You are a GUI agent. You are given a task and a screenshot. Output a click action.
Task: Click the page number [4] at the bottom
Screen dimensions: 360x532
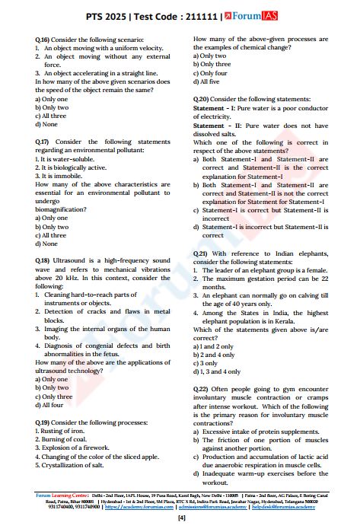tap(180, 518)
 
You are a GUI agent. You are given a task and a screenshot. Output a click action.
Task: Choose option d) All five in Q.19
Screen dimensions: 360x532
tap(210, 81)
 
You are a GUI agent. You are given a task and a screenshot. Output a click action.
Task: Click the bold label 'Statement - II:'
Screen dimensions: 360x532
tap(220, 125)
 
